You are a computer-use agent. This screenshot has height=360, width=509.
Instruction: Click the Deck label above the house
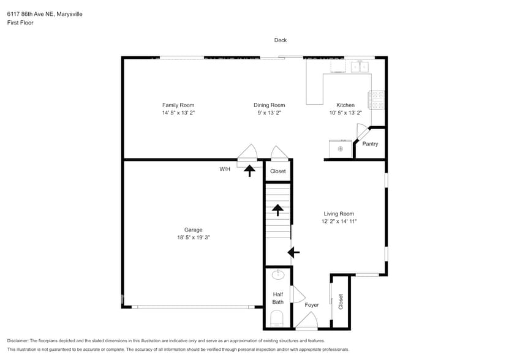[280, 40]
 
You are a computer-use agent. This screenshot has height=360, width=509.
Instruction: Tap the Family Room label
[178, 105]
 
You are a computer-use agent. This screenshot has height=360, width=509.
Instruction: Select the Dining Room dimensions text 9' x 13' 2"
[270, 113]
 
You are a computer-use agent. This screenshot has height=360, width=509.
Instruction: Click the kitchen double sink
[360, 66]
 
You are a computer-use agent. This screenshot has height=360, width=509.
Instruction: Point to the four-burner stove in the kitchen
[376, 100]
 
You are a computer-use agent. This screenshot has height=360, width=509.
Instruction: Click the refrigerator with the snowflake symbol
[341, 149]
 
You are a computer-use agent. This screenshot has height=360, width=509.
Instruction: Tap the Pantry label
[370, 144]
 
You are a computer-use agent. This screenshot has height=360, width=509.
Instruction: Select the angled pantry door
[362, 132]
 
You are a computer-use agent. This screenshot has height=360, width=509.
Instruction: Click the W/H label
[225, 170]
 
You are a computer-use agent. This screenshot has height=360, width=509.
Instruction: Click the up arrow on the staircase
[277, 211]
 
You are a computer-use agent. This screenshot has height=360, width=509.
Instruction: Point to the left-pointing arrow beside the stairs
[293, 252]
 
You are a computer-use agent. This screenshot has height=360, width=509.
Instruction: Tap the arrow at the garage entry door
[249, 170]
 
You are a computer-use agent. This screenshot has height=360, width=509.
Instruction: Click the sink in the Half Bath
[278, 275]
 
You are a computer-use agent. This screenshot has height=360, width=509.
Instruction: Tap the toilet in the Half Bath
[277, 318]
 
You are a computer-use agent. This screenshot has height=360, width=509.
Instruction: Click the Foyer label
[312, 304]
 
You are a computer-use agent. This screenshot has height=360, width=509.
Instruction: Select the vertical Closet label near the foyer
[341, 301]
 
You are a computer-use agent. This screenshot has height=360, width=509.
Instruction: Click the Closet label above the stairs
[278, 171]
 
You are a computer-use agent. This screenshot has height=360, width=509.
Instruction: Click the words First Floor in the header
[20, 23]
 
